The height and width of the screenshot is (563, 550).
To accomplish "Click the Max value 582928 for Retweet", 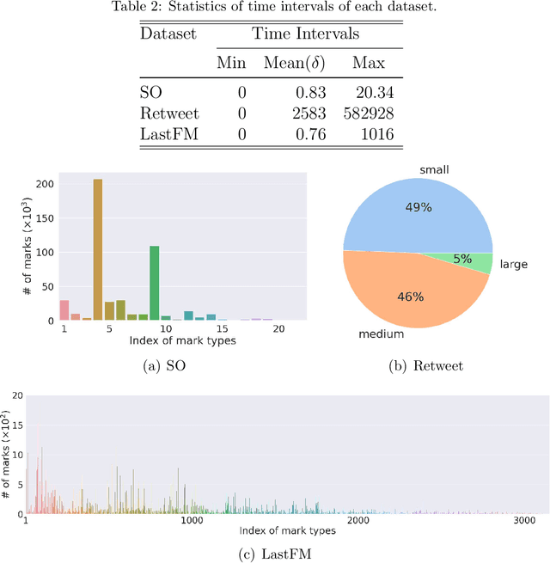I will click(365, 113).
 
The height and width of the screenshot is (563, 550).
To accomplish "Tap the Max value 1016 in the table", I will click(376, 134).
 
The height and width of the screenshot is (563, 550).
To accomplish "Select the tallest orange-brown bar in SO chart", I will click(98, 249).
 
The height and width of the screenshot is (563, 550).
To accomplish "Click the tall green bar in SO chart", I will click(155, 283).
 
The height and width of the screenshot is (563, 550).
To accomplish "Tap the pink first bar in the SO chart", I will click(64, 309).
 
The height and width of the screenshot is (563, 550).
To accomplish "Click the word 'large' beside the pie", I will click(514, 265).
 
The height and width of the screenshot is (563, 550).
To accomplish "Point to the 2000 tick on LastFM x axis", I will click(358, 521).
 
